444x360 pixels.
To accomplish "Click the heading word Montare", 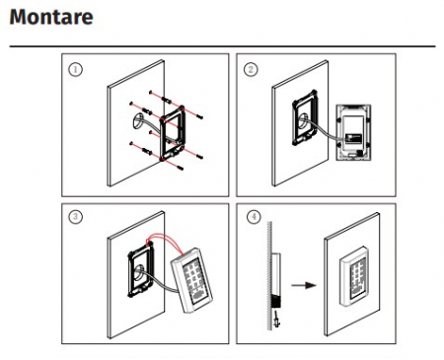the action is tap(51, 17).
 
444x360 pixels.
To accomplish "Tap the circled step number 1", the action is tap(75, 69).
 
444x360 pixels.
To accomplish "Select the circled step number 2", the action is tap(251, 69).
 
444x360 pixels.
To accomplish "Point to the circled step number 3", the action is tap(75, 217).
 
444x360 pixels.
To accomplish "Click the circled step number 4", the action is tap(254, 217).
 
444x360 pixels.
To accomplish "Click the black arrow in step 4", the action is tap(304, 285).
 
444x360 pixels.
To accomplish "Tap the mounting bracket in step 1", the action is tap(173, 133).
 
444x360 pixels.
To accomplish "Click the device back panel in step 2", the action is tap(353, 132).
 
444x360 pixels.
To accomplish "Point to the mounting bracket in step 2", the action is tap(305, 117).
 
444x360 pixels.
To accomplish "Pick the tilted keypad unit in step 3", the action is tap(191, 280).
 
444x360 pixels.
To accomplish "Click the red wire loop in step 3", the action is tap(166, 243).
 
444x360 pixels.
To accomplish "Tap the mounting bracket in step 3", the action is tap(141, 268).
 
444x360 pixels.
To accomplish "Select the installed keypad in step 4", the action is tap(353, 277).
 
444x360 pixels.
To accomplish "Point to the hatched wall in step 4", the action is tap(269, 275).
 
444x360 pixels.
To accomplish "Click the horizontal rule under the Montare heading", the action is tap(222, 46).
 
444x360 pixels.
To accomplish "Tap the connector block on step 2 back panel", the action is tap(353, 138).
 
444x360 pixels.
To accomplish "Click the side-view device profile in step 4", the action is tap(275, 280).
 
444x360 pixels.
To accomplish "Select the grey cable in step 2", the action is tap(320, 130).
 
